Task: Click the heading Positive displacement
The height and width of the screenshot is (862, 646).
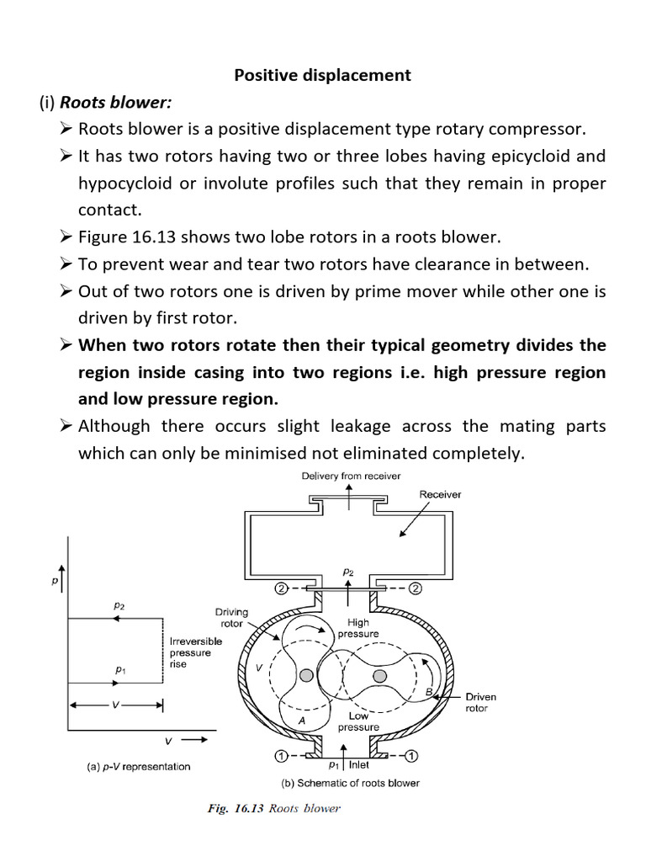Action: [x=322, y=75]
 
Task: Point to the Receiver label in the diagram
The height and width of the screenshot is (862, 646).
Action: [x=440, y=494]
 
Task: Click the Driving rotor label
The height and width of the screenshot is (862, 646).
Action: [x=229, y=618]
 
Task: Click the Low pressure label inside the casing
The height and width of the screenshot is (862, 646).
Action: [x=358, y=721]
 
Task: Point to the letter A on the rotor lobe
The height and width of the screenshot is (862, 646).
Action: [x=300, y=721]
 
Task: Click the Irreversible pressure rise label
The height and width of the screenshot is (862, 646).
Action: [x=196, y=652]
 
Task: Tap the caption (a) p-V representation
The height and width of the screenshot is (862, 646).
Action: [x=139, y=766]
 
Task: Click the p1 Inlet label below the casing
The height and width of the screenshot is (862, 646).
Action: [x=348, y=764]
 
